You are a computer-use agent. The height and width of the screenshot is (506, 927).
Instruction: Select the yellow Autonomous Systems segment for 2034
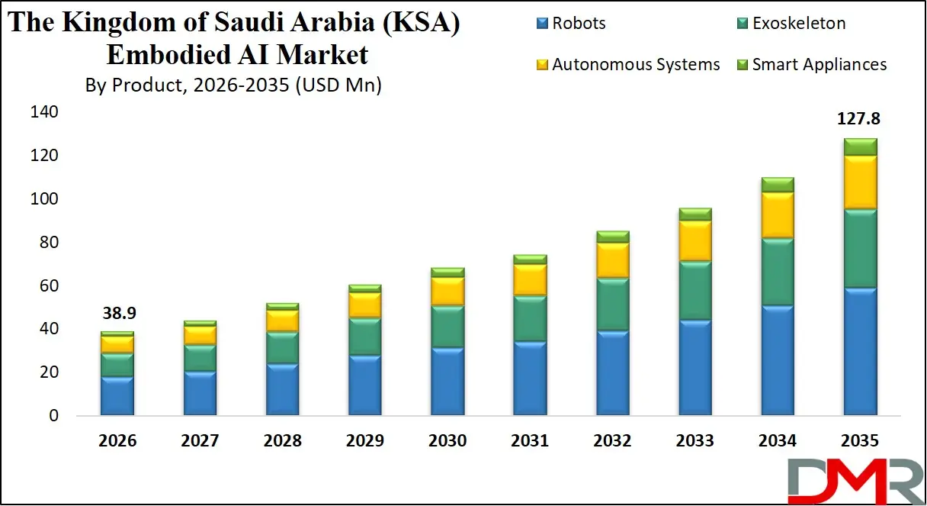[777, 215]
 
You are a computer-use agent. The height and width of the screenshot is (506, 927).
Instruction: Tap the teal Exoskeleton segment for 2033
[694, 291]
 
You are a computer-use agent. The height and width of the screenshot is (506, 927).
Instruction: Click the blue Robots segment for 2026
[117, 396]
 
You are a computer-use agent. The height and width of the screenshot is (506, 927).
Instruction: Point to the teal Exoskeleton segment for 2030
[447, 327]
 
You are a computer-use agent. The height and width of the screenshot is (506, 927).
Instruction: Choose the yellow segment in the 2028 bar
[282, 321]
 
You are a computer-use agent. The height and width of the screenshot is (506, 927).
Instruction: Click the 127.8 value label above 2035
[859, 119]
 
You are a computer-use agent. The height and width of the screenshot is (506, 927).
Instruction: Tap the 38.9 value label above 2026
[117, 314]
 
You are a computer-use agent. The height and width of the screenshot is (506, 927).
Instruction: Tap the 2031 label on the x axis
[529, 441]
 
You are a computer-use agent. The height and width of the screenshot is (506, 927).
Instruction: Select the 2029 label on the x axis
[364, 441]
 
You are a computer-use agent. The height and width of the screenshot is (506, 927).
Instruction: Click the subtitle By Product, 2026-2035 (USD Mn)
[233, 85]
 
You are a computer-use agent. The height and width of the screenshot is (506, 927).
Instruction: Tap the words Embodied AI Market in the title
[237, 54]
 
